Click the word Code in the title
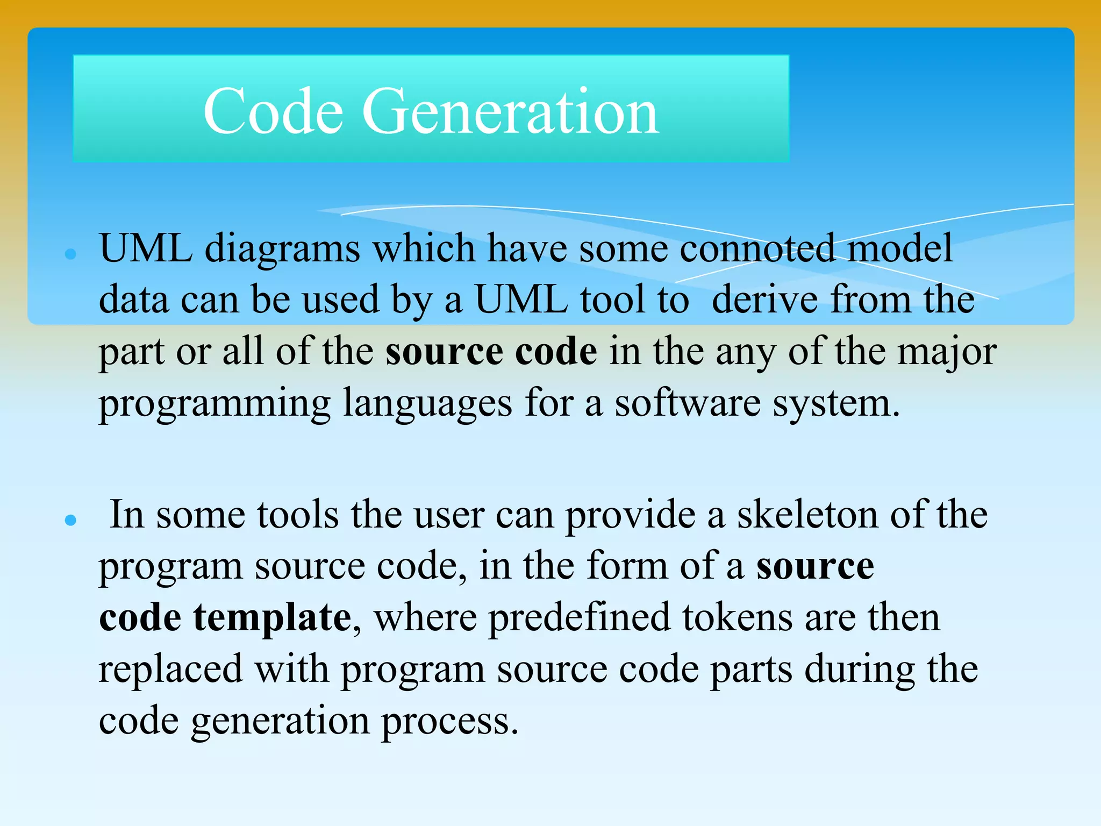[273, 111]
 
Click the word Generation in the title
[510, 111]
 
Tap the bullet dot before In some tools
[70, 519]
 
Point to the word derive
[764, 300]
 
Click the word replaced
[170, 670]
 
